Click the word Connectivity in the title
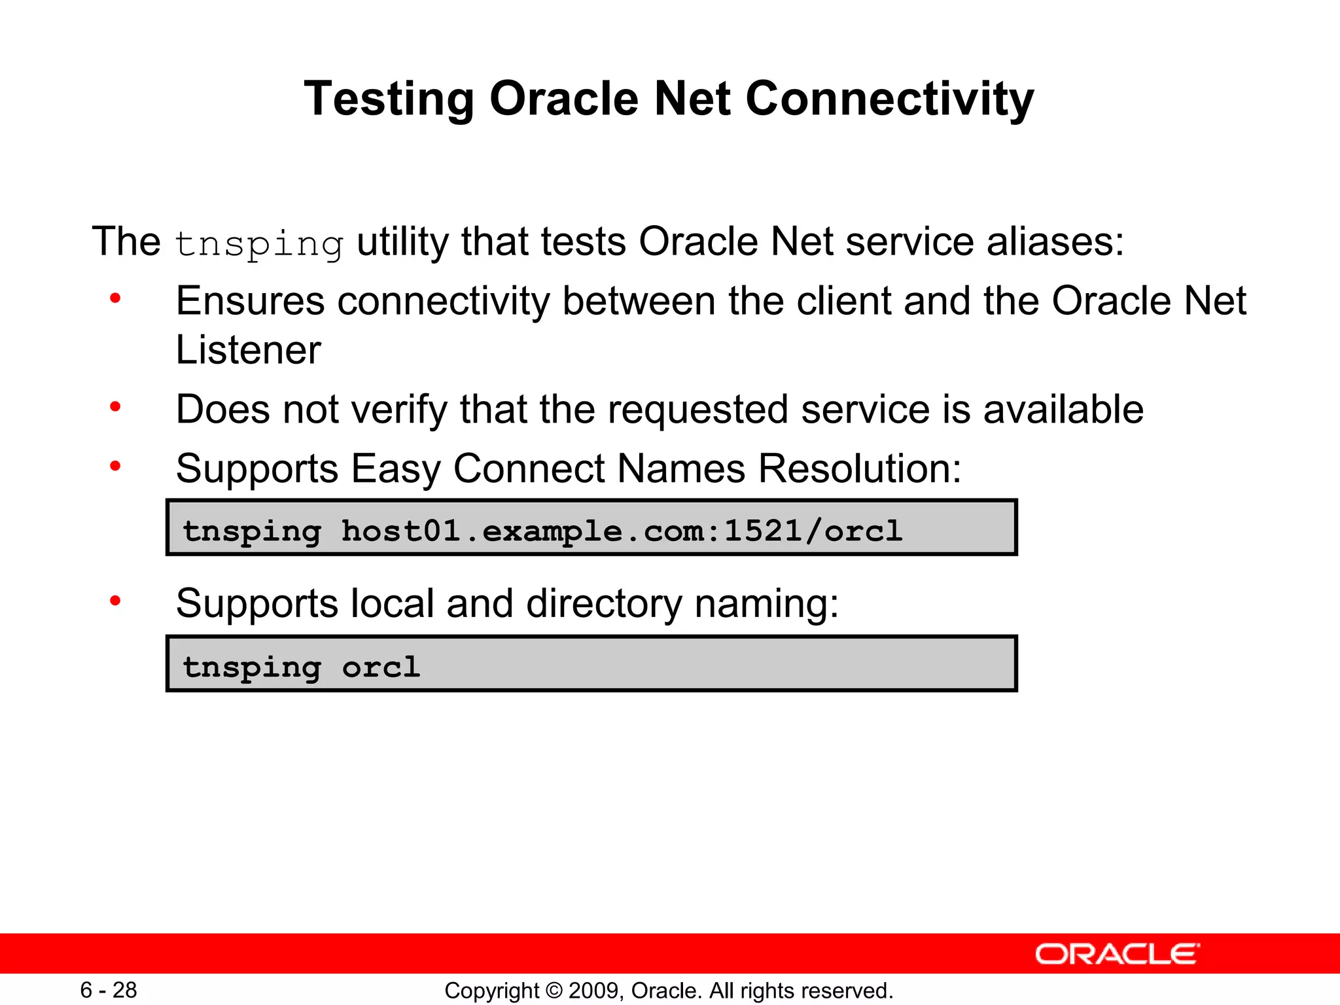pos(889,99)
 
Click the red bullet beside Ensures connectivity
pos(116,299)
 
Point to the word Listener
pos(249,350)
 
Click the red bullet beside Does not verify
pos(116,408)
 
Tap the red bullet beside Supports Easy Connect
pos(116,467)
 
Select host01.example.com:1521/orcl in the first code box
pos(622,530)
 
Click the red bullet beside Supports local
pos(116,601)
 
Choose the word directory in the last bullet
pos(603,603)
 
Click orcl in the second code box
pos(381,667)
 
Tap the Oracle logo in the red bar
pos(1117,955)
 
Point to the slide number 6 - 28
pos(109,990)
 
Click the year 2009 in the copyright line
pos(596,991)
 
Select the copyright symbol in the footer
pos(554,991)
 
